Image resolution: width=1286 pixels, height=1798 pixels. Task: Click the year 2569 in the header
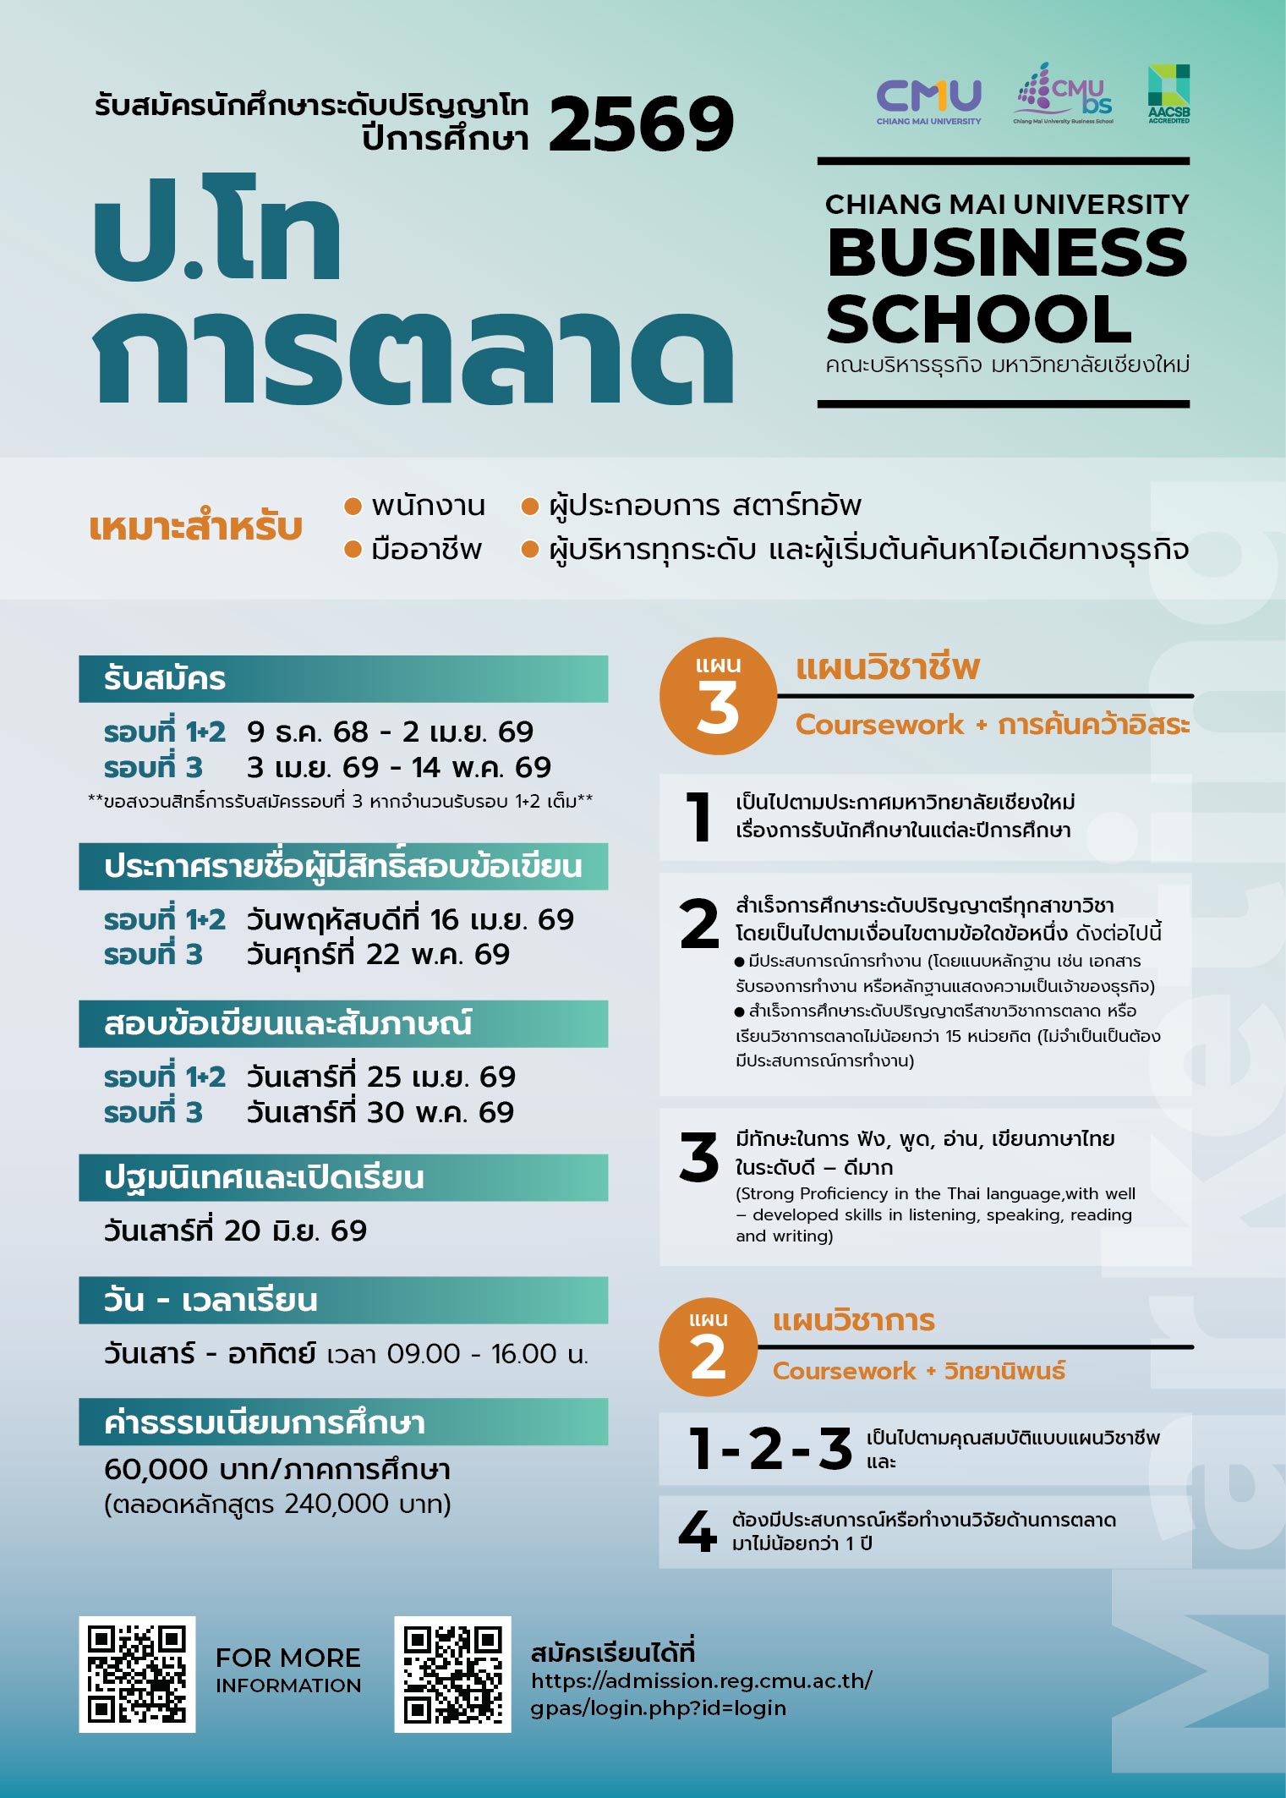click(x=641, y=125)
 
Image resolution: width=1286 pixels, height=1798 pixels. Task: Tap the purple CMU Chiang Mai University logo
click(x=928, y=101)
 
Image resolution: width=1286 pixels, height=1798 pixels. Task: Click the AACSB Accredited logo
click(x=1168, y=94)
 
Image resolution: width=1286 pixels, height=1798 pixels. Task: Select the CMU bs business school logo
click(x=1064, y=94)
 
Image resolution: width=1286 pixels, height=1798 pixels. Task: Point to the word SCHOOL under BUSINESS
click(x=978, y=320)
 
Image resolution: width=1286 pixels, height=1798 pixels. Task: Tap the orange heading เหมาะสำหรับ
click(x=195, y=527)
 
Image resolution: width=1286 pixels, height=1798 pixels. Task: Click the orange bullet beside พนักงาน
click(x=353, y=506)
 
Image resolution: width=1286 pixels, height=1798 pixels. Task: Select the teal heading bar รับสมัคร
click(x=342, y=678)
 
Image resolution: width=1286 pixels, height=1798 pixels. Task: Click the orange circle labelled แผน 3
click(x=718, y=696)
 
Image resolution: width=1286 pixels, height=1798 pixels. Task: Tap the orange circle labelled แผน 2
click(x=708, y=1347)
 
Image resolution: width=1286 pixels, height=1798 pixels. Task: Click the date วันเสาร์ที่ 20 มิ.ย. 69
click(x=235, y=1231)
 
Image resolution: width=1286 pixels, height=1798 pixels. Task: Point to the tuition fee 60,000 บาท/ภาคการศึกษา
click(x=276, y=1470)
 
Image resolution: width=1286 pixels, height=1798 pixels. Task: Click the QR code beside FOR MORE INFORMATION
click(x=137, y=1675)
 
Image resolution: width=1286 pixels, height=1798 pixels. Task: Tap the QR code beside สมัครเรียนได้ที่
click(x=452, y=1675)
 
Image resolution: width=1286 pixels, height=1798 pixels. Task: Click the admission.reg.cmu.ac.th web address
click(x=701, y=1693)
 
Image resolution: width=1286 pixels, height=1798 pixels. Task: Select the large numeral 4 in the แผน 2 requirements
click(x=698, y=1531)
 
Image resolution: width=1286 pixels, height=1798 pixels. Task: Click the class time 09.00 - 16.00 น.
click(x=487, y=1354)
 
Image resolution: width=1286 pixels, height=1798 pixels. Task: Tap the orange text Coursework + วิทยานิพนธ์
click(x=918, y=1371)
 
